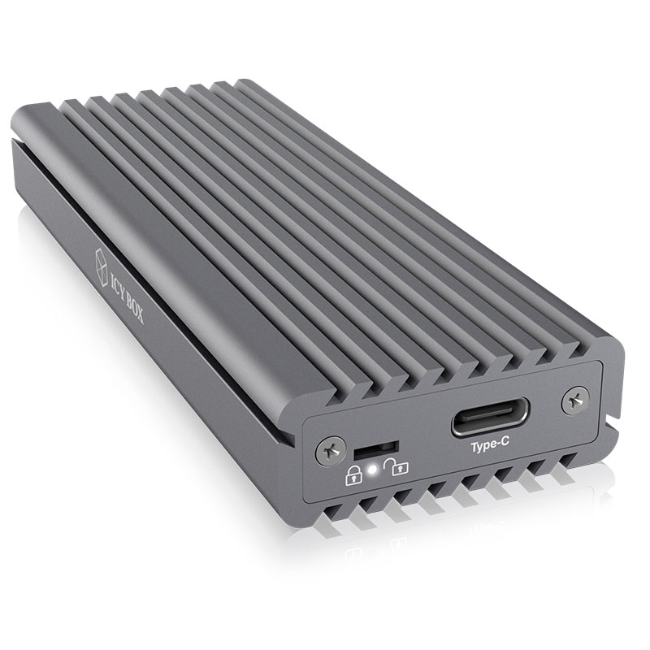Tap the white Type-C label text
click(x=490, y=446)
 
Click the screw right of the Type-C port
click(x=575, y=401)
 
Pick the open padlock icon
click(x=396, y=466)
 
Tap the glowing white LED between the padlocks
click(x=373, y=470)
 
